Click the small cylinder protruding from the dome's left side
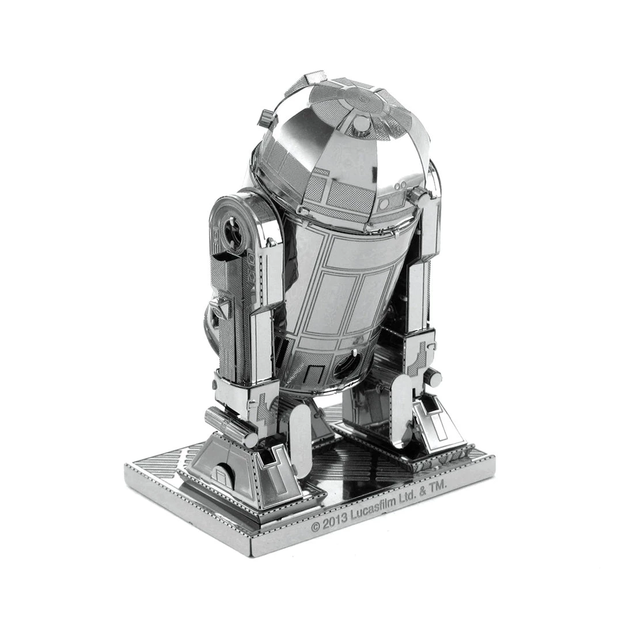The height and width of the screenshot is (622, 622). pos(267,117)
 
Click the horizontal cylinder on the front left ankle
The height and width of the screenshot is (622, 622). pos(230,426)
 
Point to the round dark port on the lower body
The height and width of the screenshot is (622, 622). pos(347,365)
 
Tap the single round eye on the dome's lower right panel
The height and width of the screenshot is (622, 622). pos(384,204)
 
